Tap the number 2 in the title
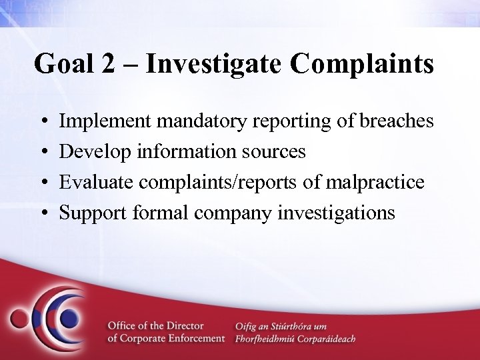113,65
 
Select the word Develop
95,152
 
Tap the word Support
91,213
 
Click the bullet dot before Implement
43,123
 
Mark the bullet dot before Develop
43,153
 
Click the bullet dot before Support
43,213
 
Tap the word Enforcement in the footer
195,339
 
